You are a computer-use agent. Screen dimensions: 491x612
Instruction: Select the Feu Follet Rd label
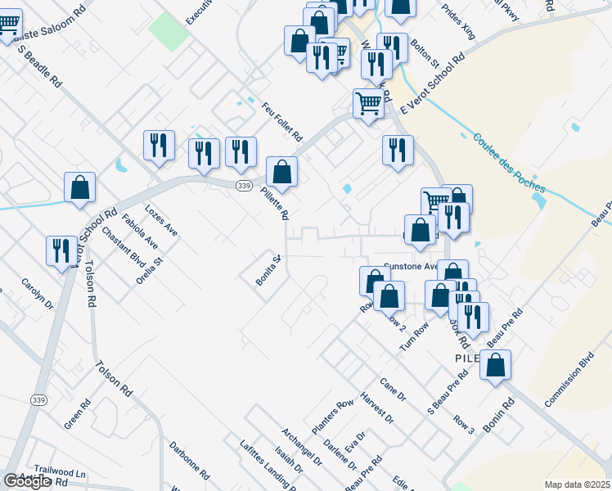point(282,121)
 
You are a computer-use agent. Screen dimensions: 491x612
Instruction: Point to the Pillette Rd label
point(274,201)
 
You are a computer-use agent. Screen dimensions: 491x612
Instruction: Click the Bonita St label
point(268,270)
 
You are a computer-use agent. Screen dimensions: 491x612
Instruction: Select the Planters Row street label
point(332,417)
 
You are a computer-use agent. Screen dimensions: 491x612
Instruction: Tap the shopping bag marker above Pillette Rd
point(281,172)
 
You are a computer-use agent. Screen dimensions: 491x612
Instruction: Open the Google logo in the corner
point(27,481)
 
